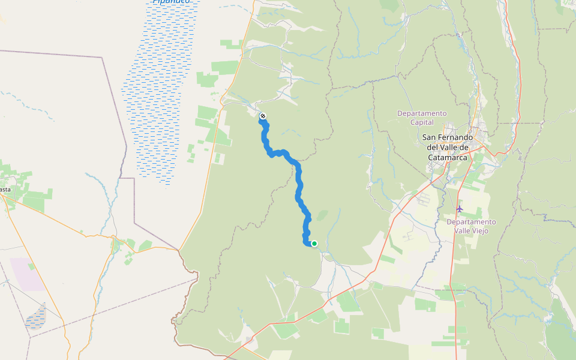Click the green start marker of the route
tap(314, 243)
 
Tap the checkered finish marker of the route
tap(262, 116)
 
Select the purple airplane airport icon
tap(460, 209)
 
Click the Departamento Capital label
tap(422, 118)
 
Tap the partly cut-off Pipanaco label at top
tap(171, 2)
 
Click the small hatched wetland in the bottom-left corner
tap(36, 316)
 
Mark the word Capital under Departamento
tap(422, 122)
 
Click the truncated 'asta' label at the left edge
tap(5, 190)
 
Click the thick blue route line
tap(298, 186)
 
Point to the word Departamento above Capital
tap(422, 113)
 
